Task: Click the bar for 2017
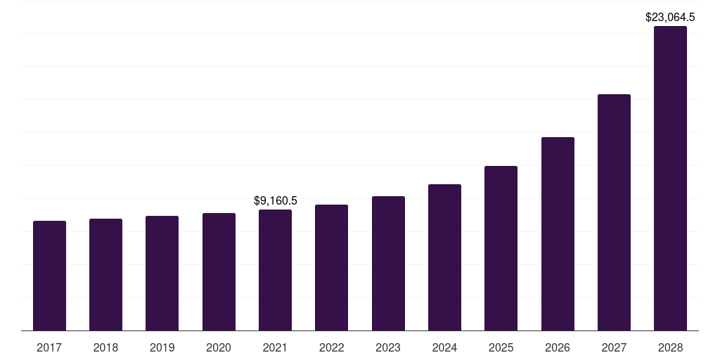pos(49,276)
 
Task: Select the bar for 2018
pos(105,275)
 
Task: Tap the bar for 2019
pos(162,274)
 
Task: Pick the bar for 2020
pos(219,272)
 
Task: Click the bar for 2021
pos(275,270)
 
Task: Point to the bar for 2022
pos(331,268)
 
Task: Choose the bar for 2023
pos(388,264)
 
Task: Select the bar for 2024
pos(444,257)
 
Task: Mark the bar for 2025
pos(501,248)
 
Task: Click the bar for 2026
pos(558,234)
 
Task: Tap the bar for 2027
pos(614,212)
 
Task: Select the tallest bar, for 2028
pos(670,179)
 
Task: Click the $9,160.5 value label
pos(275,201)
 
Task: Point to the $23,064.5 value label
pos(670,18)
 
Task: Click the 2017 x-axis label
pos(49,347)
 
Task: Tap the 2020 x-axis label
pos(219,347)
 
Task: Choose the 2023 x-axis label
pos(388,347)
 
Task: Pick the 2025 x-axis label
pos(501,347)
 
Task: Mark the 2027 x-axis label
pos(614,347)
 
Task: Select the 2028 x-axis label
pos(670,347)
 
